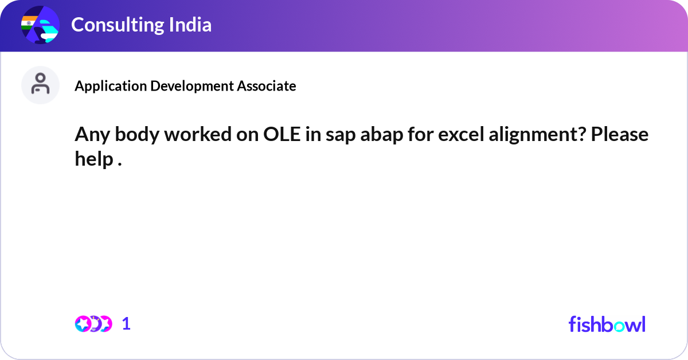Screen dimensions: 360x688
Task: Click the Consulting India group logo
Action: tap(40, 25)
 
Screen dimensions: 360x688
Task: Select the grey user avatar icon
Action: tap(40, 85)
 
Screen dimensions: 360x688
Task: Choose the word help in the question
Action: tap(93, 159)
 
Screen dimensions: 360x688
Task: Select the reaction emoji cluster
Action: tap(93, 324)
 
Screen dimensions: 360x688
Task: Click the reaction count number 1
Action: tap(126, 324)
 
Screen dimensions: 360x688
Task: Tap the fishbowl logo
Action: tap(607, 324)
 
